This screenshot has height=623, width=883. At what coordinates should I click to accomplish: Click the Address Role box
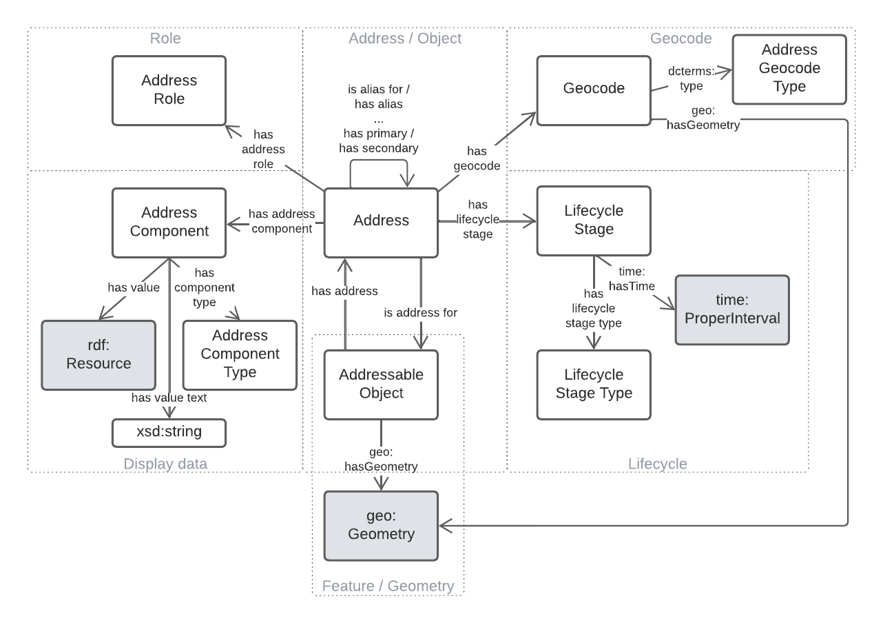(169, 90)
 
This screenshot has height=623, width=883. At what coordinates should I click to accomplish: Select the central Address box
(381, 221)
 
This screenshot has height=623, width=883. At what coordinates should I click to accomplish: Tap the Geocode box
(594, 90)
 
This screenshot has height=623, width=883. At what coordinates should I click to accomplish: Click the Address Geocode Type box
(789, 68)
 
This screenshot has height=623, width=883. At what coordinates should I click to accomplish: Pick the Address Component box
(169, 221)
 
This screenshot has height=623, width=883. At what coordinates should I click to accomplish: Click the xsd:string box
(168, 433)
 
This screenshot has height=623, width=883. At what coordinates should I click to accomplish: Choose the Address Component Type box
(239, 354)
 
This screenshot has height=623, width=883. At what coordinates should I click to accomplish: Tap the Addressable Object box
(381, 384)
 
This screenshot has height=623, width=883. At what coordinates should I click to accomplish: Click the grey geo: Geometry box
(381, 525)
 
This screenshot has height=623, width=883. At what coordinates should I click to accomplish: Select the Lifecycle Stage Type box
(593, 384)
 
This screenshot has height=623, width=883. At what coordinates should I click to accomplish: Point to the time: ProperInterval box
(731, 309)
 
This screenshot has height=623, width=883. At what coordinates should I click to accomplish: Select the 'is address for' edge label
(421, 312)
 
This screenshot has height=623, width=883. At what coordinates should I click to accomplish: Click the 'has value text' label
(168, 397)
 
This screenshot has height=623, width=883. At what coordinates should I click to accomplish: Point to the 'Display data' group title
(165, 464)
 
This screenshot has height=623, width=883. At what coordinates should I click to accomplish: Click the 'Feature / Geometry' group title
(388, 586)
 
